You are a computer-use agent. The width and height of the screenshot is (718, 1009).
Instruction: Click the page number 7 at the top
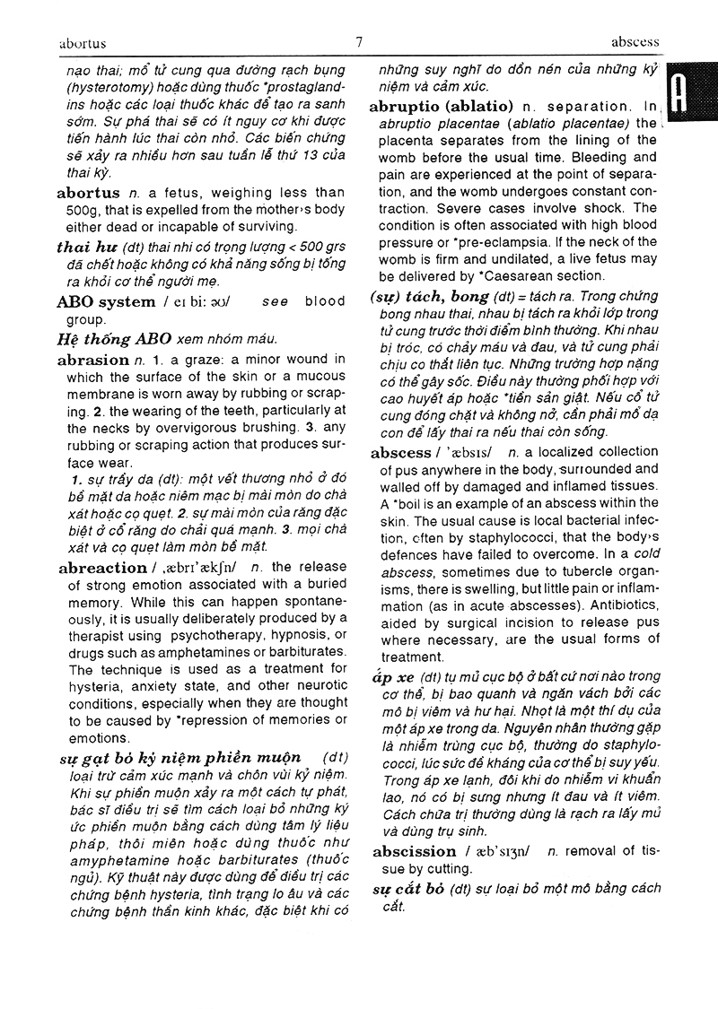click(x=359, y=41)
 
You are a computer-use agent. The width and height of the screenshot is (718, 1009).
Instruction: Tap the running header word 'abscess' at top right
click(x=635, y=41)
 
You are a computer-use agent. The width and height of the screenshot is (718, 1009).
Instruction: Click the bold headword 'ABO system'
click(x=106, y=301)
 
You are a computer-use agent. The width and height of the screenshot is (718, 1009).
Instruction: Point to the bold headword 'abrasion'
click(x=92, y=360)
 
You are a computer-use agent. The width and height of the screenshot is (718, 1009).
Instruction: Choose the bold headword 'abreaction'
click(x=101, y=568)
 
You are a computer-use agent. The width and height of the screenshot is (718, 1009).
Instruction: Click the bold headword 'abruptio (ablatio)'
click(x=441, y=106)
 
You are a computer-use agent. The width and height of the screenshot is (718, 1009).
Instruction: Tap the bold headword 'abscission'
click(x=414, y=852)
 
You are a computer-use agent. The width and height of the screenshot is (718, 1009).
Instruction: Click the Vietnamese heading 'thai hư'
click(x=86, y=248)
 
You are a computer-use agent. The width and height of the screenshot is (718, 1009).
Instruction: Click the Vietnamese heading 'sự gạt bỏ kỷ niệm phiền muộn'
click(x=179, y=758)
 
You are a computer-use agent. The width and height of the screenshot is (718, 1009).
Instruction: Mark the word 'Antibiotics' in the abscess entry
click(x=619, y=605)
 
